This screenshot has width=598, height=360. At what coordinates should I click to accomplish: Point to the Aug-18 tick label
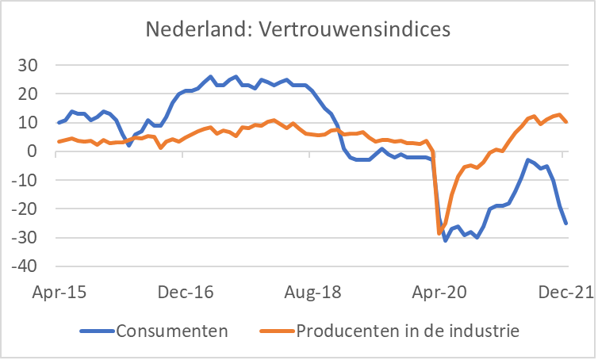point(310,292)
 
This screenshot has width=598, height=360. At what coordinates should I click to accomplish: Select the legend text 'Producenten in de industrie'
point(408,329)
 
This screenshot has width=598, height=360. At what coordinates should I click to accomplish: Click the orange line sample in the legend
point(276,330)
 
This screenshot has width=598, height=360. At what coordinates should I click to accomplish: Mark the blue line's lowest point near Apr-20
point(446,239)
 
